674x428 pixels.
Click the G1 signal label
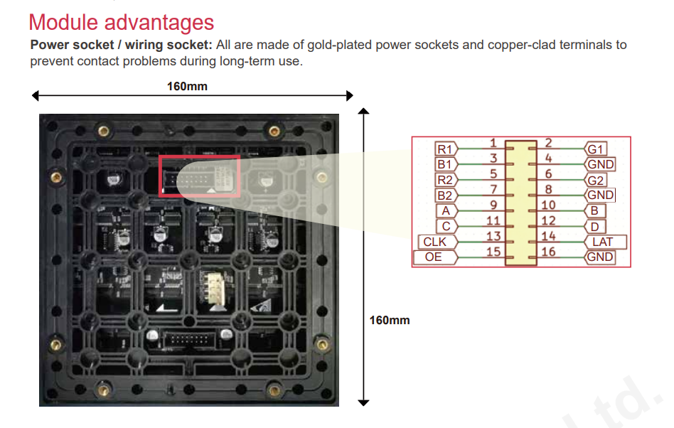[x=596, y=149]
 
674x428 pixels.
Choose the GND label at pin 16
[x=600, y=257]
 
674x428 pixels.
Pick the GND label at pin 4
[x=600, y=164]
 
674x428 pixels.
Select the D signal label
[x=595, y=227]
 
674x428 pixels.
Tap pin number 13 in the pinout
[x=493, y=236]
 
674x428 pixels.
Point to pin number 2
[x=548, y=143]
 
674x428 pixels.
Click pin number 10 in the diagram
[x=548, y=205]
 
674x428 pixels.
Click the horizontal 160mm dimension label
[x=187, y=86]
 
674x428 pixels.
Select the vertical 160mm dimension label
[x=390, y=320]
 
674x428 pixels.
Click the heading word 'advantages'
[x=159, y=22]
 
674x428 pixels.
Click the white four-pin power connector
[x=213, y=288]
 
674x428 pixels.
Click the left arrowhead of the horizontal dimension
[x=36, y=95]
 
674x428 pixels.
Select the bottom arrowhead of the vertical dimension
[x=363, y=402]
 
